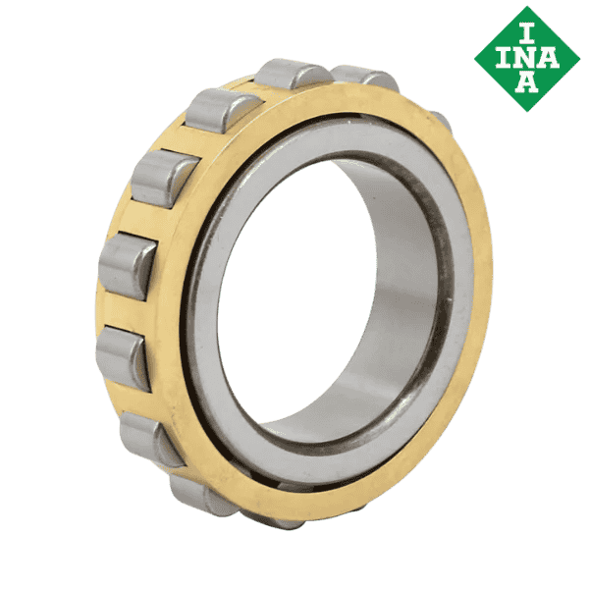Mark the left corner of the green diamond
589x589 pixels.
[475, 59]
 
